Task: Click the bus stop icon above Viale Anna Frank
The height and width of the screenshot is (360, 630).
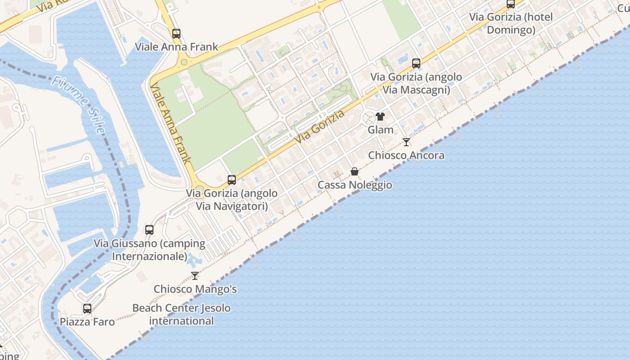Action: (x=176, y=33)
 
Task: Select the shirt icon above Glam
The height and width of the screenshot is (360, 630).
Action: (x=380, y=117)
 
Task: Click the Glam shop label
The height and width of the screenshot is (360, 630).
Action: (x=381, y=130)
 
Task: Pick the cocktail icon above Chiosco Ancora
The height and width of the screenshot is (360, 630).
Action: (x=406, y=142)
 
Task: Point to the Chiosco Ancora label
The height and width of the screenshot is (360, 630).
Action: (x=406, y=155)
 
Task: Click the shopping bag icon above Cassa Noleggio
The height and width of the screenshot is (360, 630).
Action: (x=355, y=171)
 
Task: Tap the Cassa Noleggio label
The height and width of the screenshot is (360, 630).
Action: (x=355, y=185)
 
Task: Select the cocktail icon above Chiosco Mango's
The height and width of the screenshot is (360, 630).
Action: (x=195, y=275)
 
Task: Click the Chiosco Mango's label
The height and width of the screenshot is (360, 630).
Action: (x=195, y=289)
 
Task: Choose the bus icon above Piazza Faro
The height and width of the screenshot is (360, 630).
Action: (x=87, y=309)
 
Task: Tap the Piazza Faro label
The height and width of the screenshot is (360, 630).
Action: (x=87, y=322)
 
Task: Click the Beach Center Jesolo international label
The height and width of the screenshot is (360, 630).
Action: (x=181, y=315)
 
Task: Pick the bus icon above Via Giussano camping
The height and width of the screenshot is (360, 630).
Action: (x=149, y=230)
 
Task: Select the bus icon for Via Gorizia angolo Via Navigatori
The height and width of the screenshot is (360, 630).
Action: (x=232, y=180)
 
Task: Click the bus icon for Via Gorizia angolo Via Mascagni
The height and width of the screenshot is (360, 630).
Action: (x=416, y=63)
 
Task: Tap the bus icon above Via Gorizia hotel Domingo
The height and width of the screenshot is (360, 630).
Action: (x=511, y=4)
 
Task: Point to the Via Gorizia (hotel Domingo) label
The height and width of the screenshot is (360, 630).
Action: (x=511, y=23)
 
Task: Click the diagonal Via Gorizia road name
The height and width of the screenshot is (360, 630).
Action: (x=320, y=127)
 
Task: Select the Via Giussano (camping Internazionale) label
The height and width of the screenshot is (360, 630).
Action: (x=149, y=250)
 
